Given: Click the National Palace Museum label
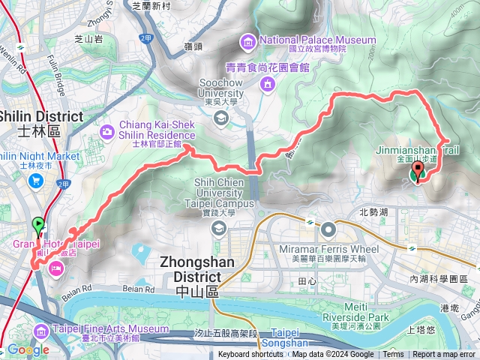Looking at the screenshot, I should pos(317,40).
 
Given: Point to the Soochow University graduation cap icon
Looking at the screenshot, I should pos(220,117).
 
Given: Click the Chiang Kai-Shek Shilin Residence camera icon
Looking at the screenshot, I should pos(107,132).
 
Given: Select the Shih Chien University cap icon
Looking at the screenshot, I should pos(218,229).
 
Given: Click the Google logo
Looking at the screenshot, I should pos(28,350).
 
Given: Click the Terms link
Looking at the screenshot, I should pos(393,355).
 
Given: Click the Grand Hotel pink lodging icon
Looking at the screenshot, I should pos(56,268).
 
